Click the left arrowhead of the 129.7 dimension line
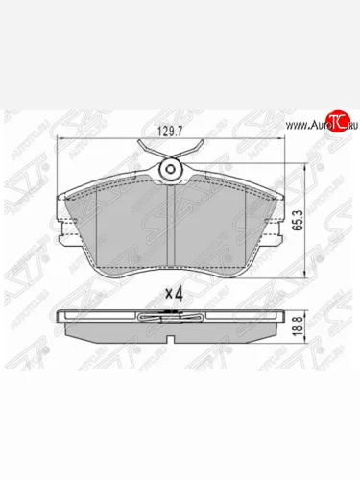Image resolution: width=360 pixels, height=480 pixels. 61,139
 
